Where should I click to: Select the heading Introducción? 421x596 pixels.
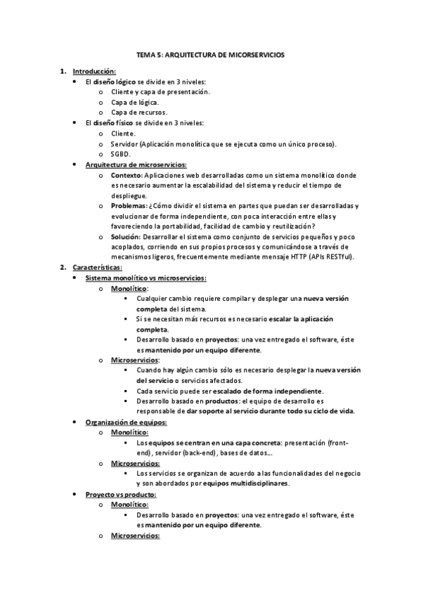(94, 71)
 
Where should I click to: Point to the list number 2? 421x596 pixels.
(63, 267)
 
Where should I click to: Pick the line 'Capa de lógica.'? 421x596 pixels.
(135, 102)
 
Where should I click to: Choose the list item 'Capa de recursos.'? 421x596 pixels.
(139, 112)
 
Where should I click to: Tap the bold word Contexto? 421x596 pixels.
(127, 174)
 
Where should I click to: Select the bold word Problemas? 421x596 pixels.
(129, 205)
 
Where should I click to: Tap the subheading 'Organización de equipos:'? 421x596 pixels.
(126, 422)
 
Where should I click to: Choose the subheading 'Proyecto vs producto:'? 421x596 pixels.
(120, 494)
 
